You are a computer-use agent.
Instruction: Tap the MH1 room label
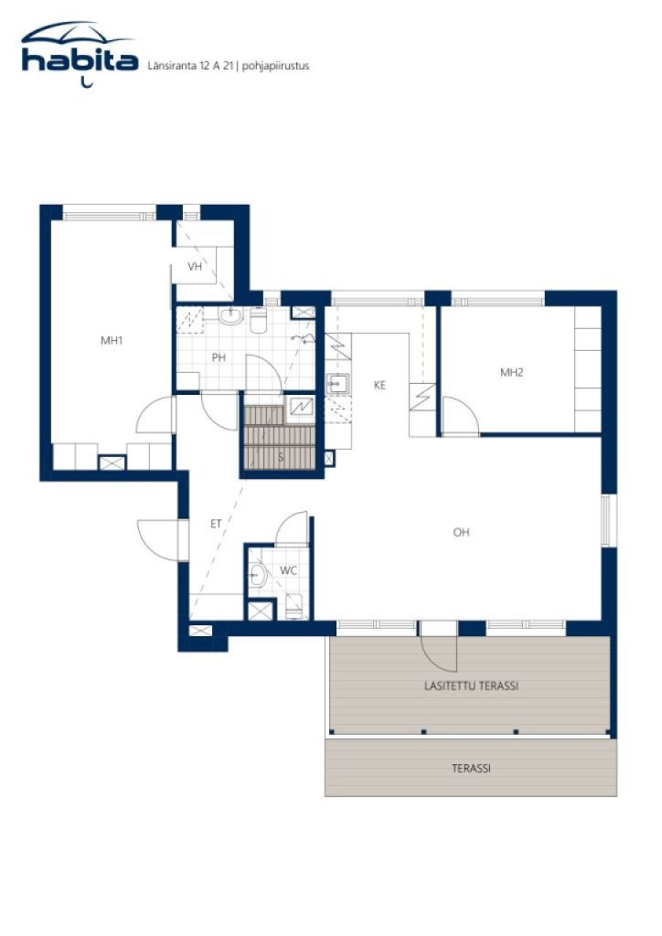pos(112,341)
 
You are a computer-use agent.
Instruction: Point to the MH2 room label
pos(510,372)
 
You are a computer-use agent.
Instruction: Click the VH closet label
pos(195,267)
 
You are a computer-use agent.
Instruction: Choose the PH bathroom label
pos(219,357)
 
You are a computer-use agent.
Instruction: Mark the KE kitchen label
pos(379,385)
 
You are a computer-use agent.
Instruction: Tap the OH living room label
pos(461,532)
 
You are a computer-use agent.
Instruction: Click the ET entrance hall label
pos(217,524)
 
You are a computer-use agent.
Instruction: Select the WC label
pos(288,570)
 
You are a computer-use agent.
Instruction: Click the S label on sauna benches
pos(281,455)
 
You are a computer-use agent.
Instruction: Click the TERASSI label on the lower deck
pos(471,769)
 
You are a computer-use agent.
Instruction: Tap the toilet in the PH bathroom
pos(258,320)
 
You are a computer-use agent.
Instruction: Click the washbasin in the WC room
pos(258,576)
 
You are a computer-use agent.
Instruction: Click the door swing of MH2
pos(462,417)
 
